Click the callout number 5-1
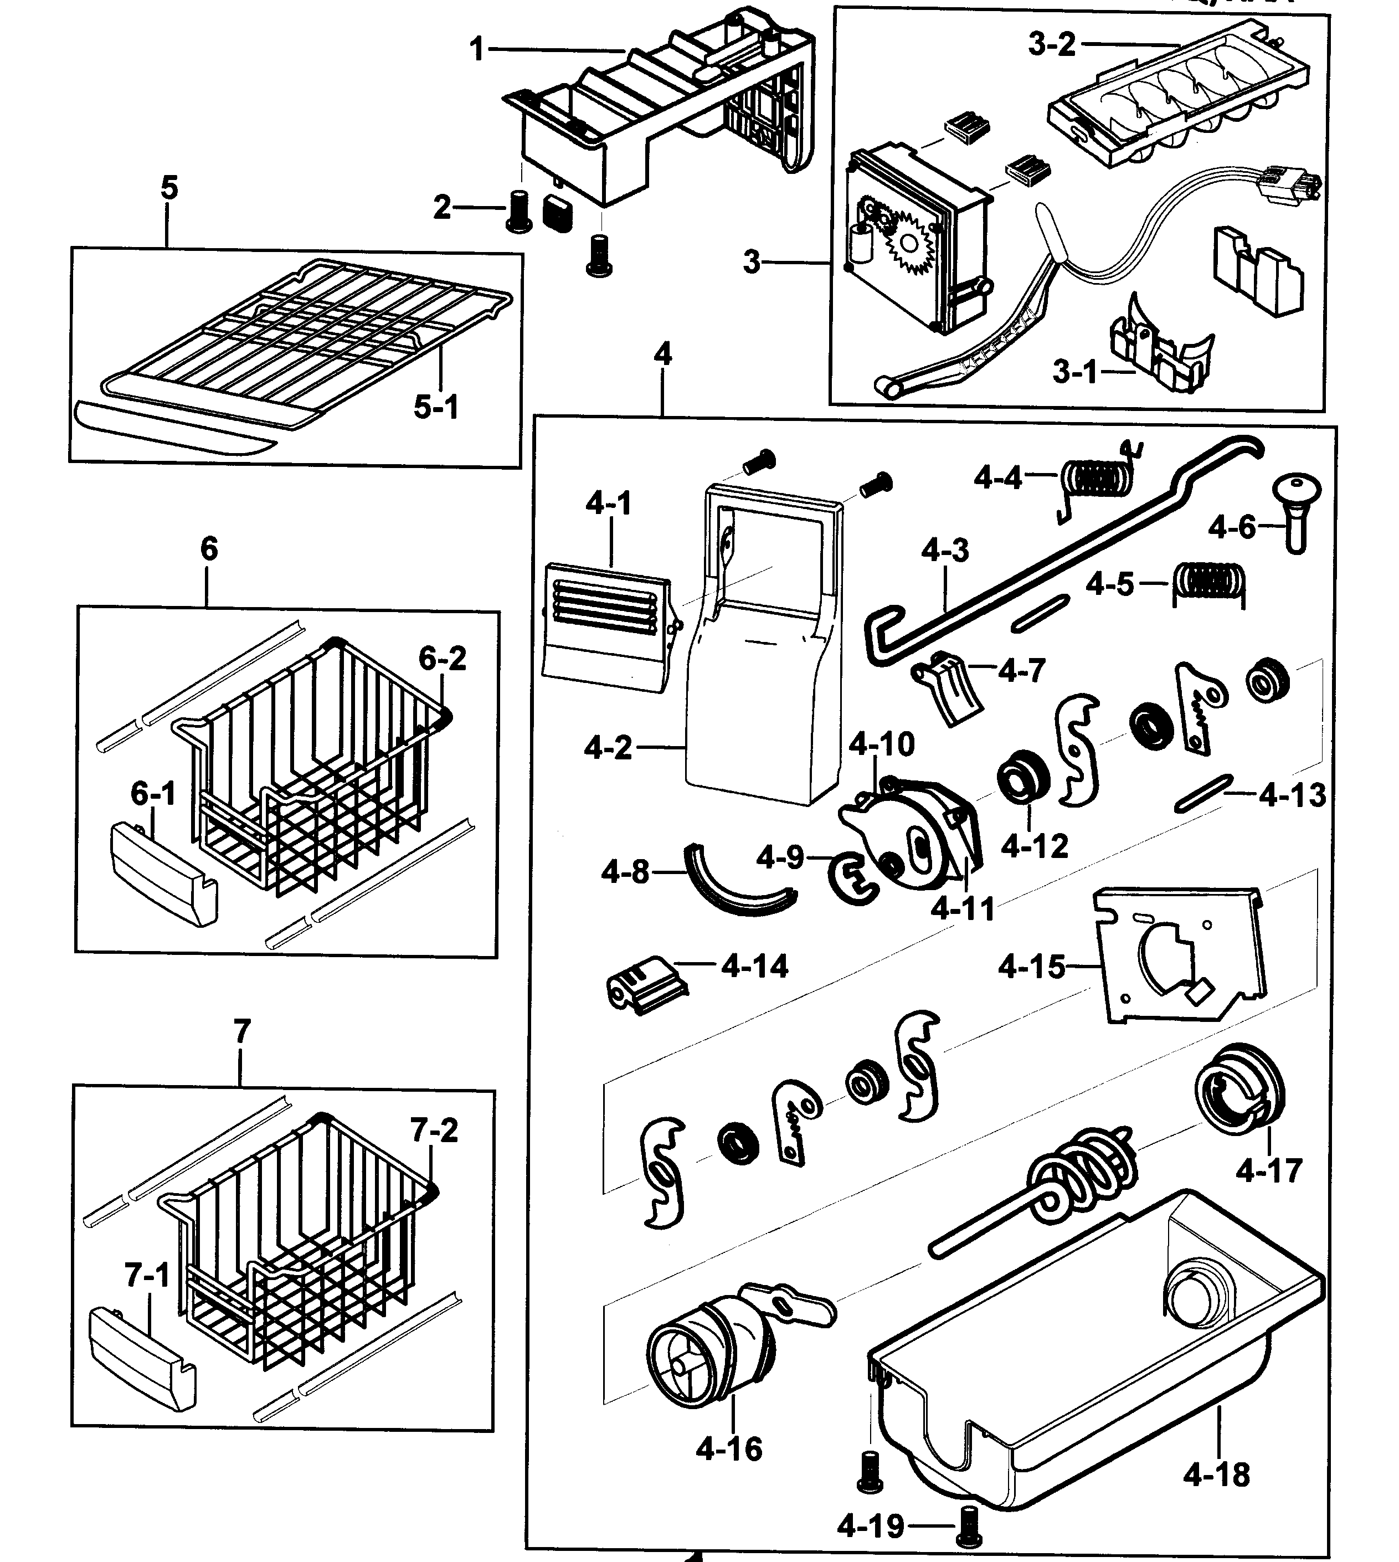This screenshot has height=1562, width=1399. pos(436,407)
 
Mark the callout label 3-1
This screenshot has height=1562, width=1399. pos(1074,373)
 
